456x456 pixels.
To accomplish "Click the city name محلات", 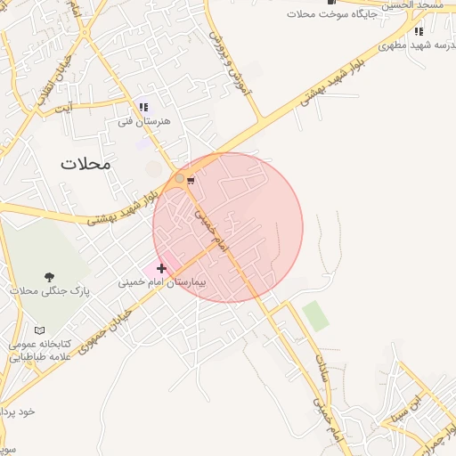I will tap(86, 164).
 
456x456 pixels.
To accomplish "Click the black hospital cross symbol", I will tap(161, 268).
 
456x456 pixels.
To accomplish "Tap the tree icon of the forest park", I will tap(49, 278).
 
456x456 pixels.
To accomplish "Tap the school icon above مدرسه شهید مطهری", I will tap(419, 32).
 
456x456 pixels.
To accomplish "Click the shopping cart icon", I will tap(191, 180).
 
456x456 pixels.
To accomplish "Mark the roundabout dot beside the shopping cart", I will tap(179, 179).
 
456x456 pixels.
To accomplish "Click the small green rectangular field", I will tap(314, 315).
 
